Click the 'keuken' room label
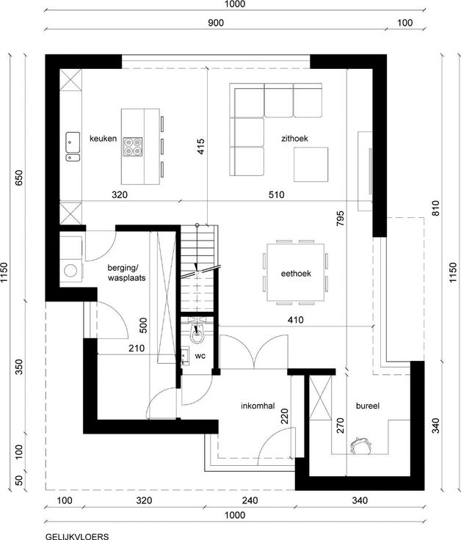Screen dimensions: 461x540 click(x=103, y=139)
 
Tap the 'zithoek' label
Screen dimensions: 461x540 click(x=294, y=139)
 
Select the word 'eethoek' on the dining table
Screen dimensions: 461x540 click(x=296, y=274)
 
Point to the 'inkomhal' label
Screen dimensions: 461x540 click(x=258, y=406)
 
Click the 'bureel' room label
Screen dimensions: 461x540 click(x=368, y=406)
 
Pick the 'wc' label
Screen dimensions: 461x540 click(x=200, y=356)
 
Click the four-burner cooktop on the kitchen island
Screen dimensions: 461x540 click(x=133, y=147)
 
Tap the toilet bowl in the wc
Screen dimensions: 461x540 click(x=197, y=333)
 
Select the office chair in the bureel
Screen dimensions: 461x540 click(x=360, y=445)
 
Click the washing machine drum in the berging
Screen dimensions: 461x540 click(x=70, y=270)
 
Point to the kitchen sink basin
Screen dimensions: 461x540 click(x=73, y=142)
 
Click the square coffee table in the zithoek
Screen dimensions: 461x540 click(x=311, y=164)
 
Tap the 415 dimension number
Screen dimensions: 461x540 click(x=201, y=146)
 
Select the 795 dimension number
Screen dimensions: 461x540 click(x=340, y=219)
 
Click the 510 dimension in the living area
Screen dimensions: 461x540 click(x=276, y=195)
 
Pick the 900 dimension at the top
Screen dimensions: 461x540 click(x=216, y=23)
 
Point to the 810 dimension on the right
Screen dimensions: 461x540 click(x=435, y=208)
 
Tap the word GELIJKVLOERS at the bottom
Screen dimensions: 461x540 click(x=77, y=536)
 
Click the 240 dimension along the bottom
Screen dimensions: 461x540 click(x=250, y=500)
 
